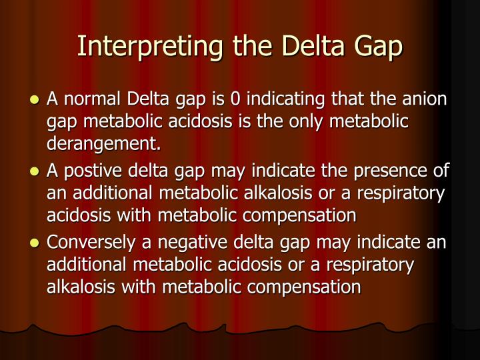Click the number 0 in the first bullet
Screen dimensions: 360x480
[235, 101]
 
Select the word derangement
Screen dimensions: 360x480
[103, 143]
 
